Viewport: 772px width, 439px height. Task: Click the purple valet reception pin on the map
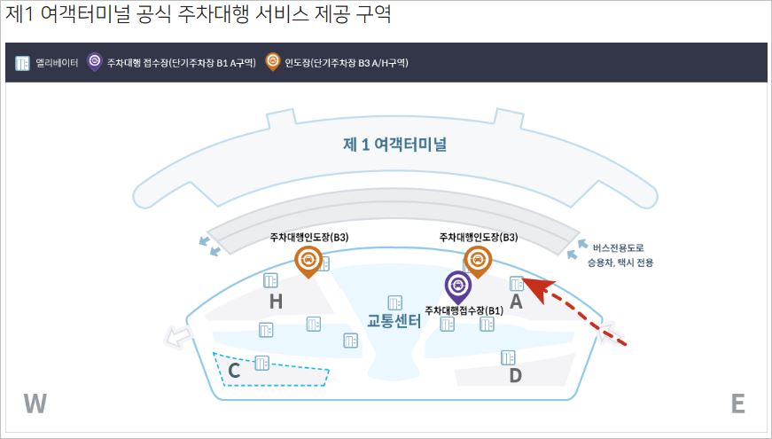point(457,286)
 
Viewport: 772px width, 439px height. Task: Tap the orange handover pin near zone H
point(308,260)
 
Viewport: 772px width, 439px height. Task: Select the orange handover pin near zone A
point(478,260)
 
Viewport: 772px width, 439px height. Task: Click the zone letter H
point(276,302)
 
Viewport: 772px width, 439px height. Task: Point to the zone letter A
point(515,302)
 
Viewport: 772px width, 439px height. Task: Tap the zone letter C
point(234,372)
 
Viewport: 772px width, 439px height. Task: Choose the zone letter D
point(515,375)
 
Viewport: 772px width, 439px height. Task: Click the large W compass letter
point(35,404)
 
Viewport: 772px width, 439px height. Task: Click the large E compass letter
point(737,404)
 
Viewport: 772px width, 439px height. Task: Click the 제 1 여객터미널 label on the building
point(394,145)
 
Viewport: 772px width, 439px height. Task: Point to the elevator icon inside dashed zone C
point(261,362)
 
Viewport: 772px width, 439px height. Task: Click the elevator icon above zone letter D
point(508,357)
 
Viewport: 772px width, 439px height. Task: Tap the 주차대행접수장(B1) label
point(464,310)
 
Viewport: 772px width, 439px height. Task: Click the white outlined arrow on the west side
point(178,336)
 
